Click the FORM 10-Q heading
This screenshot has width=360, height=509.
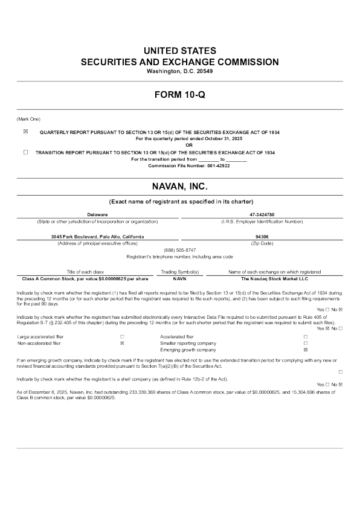tap(180, 95)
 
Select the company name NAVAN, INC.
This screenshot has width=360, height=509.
tap(180, 188)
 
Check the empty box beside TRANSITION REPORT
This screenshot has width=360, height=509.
tap(25, 153)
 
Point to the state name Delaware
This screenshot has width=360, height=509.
tap(97, 214)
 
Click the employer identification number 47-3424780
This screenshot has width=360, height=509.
tap(262, 214)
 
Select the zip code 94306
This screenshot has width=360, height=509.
tap(262, 237)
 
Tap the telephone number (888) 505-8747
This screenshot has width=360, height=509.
tap(180, 250)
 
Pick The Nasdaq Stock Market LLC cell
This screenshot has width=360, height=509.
tap(275, 279)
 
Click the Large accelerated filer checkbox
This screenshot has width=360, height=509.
tap(122, 336)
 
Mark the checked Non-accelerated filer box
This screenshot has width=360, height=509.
tap(122, 343)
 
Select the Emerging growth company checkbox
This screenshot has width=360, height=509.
tap(305, 350)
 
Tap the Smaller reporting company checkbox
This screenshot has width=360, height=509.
tap(305, 343)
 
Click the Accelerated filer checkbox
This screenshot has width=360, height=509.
tap(305, 336)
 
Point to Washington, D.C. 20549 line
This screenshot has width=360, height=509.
tap(180, 71)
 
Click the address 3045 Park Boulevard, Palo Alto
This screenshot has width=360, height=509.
tap(97, 237)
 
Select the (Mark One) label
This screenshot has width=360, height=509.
tap(28, 118)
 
